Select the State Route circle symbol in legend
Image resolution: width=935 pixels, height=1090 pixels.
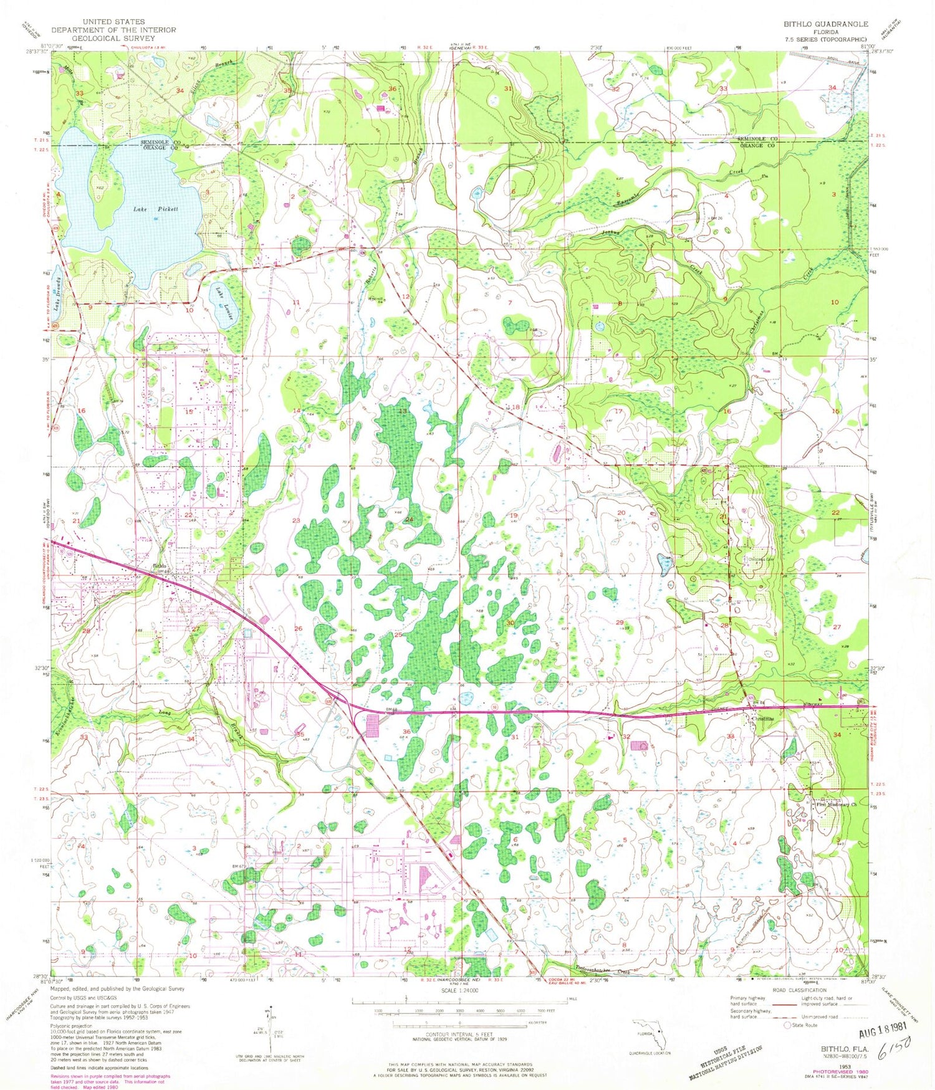point(787,1025)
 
